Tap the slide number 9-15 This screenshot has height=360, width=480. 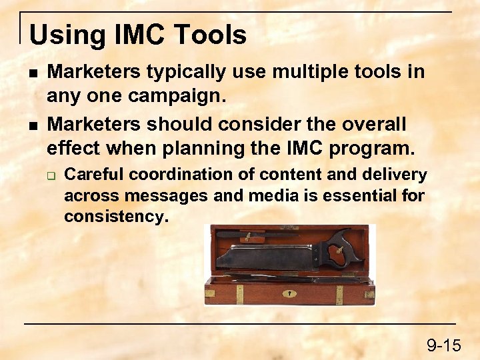coord(443,345)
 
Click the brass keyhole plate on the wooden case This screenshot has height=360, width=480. coord(289,293)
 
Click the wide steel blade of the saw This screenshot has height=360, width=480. coord(267,257)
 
